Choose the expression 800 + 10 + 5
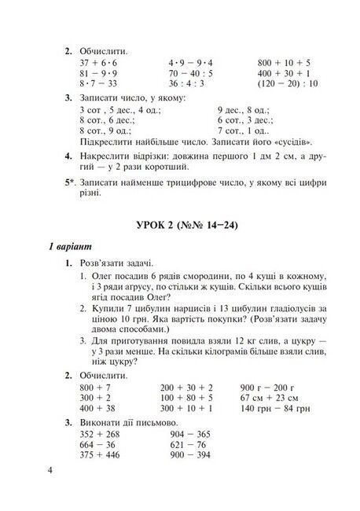284,62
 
